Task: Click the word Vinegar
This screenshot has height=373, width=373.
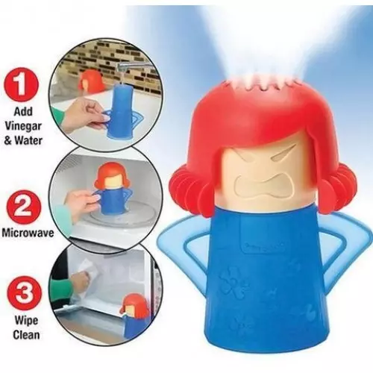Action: [23, 126]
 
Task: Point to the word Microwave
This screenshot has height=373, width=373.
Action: [28, 233]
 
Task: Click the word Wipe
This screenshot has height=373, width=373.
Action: [26, 320]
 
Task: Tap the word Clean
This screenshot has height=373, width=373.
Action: [26, 334]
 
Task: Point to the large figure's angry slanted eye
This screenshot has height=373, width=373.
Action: [281, 156]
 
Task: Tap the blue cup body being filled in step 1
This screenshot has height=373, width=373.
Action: [121, 113]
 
